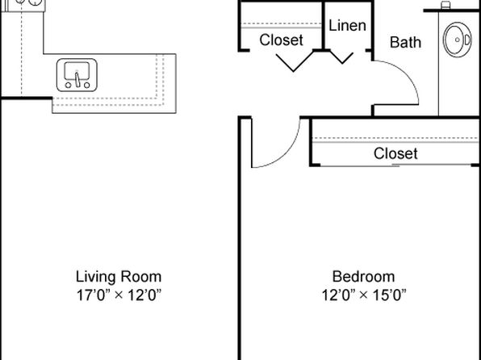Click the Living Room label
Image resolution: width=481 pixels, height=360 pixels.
[x=119, y=277]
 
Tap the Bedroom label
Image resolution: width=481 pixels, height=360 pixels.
[x=363, y=277]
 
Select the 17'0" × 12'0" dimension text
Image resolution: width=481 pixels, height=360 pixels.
[x=119, y=295]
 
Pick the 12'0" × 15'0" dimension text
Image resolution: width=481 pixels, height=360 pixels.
[x=364, y=295]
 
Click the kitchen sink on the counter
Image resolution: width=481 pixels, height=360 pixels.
[x=77, y=75]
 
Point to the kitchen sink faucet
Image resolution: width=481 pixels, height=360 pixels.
[x=77, y=79]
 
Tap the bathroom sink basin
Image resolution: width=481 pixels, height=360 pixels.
[x=458, y=40]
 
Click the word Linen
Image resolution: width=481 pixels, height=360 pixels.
[x=347, y=26]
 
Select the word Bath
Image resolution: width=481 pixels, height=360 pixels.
[x=405, y=42]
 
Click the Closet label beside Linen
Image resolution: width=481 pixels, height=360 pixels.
[x=282, y=40]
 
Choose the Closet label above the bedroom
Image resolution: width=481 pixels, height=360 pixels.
[x=395, y=153]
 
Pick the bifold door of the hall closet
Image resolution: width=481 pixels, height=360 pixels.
[x=294, y=62]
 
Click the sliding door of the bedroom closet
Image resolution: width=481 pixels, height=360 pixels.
[x=395, y=165]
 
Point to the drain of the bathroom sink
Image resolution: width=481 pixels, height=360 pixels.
[x=458, y=40]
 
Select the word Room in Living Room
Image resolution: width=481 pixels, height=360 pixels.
[x=140, y=277]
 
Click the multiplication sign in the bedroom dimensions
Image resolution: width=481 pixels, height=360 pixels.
[x=364, y=295]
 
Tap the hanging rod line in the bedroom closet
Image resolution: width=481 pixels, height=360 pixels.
[x=395, y=142]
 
